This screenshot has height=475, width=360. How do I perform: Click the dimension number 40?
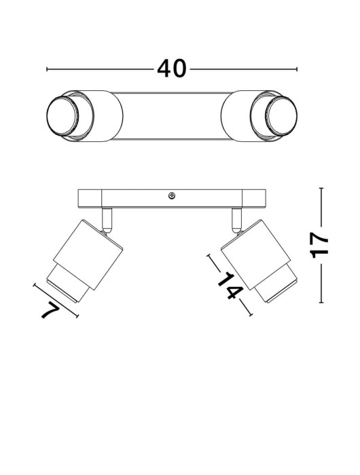172,69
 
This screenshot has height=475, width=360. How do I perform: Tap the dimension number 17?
319,244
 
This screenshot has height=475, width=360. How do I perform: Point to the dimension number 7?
53,311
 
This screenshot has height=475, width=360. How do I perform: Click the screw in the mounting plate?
171,196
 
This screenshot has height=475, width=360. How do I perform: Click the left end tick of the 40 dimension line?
46,69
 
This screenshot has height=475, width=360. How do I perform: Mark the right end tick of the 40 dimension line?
298,69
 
